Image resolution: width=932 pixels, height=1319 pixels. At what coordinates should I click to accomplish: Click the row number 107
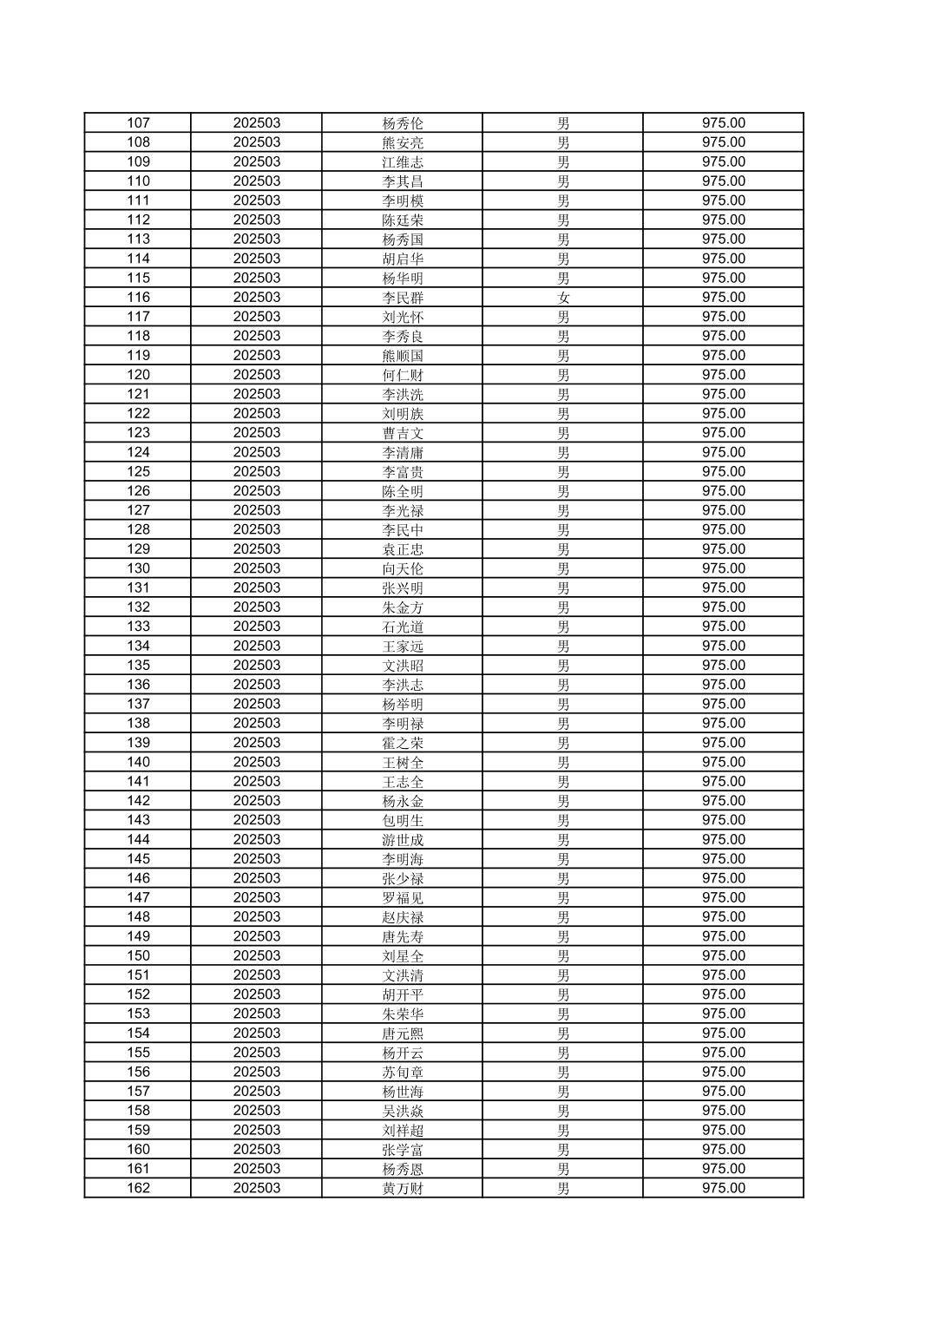pyautogui.click(x=138, y=123)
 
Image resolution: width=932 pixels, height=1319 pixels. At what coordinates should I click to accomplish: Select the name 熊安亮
pyautogui.click(x=403, y=142)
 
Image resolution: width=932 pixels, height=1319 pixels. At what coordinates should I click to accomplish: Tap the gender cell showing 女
pyautogui.click(x=563, y=298)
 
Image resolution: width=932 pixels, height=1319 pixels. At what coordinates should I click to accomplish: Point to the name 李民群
pyautogui.click(x=403, y=298)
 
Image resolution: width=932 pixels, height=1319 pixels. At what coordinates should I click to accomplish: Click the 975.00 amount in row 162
pyautogui.click(x=723, y=1188)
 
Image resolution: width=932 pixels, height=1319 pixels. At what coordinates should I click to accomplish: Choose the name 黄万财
pyautogui.click(x=403, y=1188)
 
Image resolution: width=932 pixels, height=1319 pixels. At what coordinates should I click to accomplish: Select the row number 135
pyautogui.click(x=138, y=666)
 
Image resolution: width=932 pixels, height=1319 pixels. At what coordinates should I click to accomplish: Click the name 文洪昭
pyautogui.click(x=403, y=666)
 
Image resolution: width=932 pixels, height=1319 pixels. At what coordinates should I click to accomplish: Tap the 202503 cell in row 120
pyautogui.click(x=256, y=375)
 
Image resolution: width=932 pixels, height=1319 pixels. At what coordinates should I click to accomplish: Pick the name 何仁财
pyautogui.click(x=403, y=375)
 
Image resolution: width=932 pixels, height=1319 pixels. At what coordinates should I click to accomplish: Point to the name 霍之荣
pyautogui.click(x=403, y=743)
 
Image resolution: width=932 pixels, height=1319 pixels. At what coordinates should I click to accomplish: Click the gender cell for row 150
pyautogui.click(x=563, y=955)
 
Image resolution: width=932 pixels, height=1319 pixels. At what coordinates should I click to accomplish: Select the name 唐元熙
pyautogui.click(x=403, y=1034)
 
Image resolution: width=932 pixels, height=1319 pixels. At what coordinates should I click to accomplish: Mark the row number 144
pyautogui.click(x=138, y=839)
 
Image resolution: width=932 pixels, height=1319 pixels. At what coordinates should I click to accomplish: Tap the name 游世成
pyautogui.click(x=403, y=839)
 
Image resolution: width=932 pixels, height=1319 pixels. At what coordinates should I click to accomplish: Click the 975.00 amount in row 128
pyautogui.click(x=723, y=529)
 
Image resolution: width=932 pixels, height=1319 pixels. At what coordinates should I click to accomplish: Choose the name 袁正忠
pyautogui.click(x=403, y=549)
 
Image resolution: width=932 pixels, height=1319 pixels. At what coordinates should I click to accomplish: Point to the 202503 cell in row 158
pyautogui.click(x=256, y=1111)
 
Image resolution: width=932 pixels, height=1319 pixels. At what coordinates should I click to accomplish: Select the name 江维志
pyautogui.click(x=403, y=162)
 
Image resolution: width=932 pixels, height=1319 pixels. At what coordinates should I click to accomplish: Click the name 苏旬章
pyautogui.click(x=403, y=1072)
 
